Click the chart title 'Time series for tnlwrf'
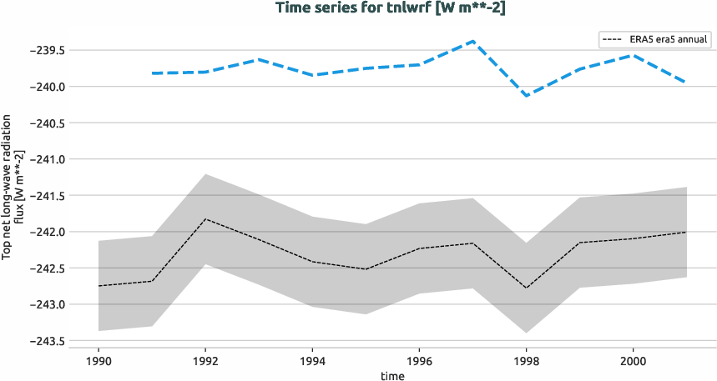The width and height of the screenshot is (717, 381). point(358,8)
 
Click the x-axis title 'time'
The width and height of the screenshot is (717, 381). point(392,375)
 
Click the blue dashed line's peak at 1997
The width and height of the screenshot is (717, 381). point(472,41)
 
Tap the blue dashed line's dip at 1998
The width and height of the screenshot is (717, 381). point(526,96)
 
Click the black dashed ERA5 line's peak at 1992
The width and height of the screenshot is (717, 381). point(205,219)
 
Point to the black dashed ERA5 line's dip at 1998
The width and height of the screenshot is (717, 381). point(526,288)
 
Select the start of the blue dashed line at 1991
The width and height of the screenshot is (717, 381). point(152,73)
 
